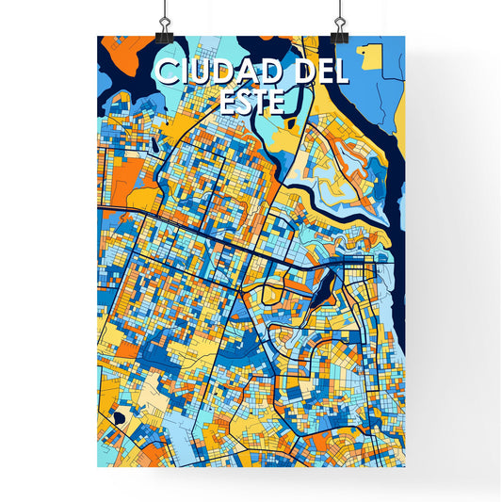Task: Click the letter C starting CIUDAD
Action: click(x=166, y=72)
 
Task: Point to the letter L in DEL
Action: click(x=340, y=72)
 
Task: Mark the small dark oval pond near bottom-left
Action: click(x=117, y=417)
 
